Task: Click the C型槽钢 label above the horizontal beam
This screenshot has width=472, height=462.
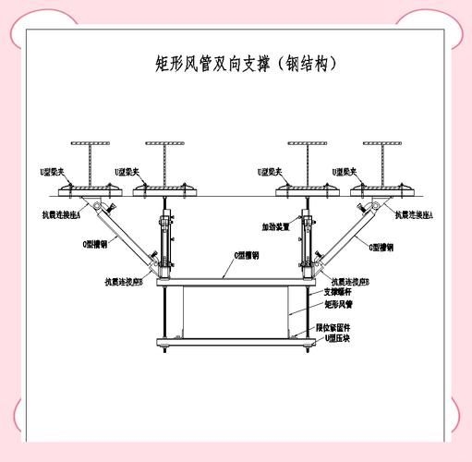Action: point(245,255)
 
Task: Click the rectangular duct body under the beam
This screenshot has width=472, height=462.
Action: point(235,312)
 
